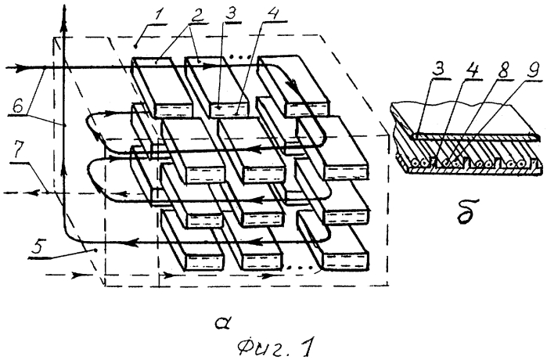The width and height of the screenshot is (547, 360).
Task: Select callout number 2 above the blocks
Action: [197, 14]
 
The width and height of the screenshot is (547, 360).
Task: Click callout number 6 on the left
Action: [17, 105]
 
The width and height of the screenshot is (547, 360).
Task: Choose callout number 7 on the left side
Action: [18, 151]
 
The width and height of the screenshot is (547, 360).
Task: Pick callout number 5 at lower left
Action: [38, 247]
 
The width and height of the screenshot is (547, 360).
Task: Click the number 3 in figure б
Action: [438, 70]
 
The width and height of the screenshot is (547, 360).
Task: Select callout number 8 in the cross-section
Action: [504, 70]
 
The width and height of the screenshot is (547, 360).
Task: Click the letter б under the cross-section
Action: [466, 211]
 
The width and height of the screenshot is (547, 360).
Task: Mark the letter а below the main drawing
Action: [222, 324]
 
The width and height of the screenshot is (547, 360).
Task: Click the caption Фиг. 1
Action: [275, 347]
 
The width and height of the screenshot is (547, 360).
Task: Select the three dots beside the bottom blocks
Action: [300, 268]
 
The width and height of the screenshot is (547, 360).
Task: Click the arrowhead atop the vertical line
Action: [64, 15]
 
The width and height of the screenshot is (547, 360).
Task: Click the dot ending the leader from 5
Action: [95, 250]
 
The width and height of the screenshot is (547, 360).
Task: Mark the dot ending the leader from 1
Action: [135, 46]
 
